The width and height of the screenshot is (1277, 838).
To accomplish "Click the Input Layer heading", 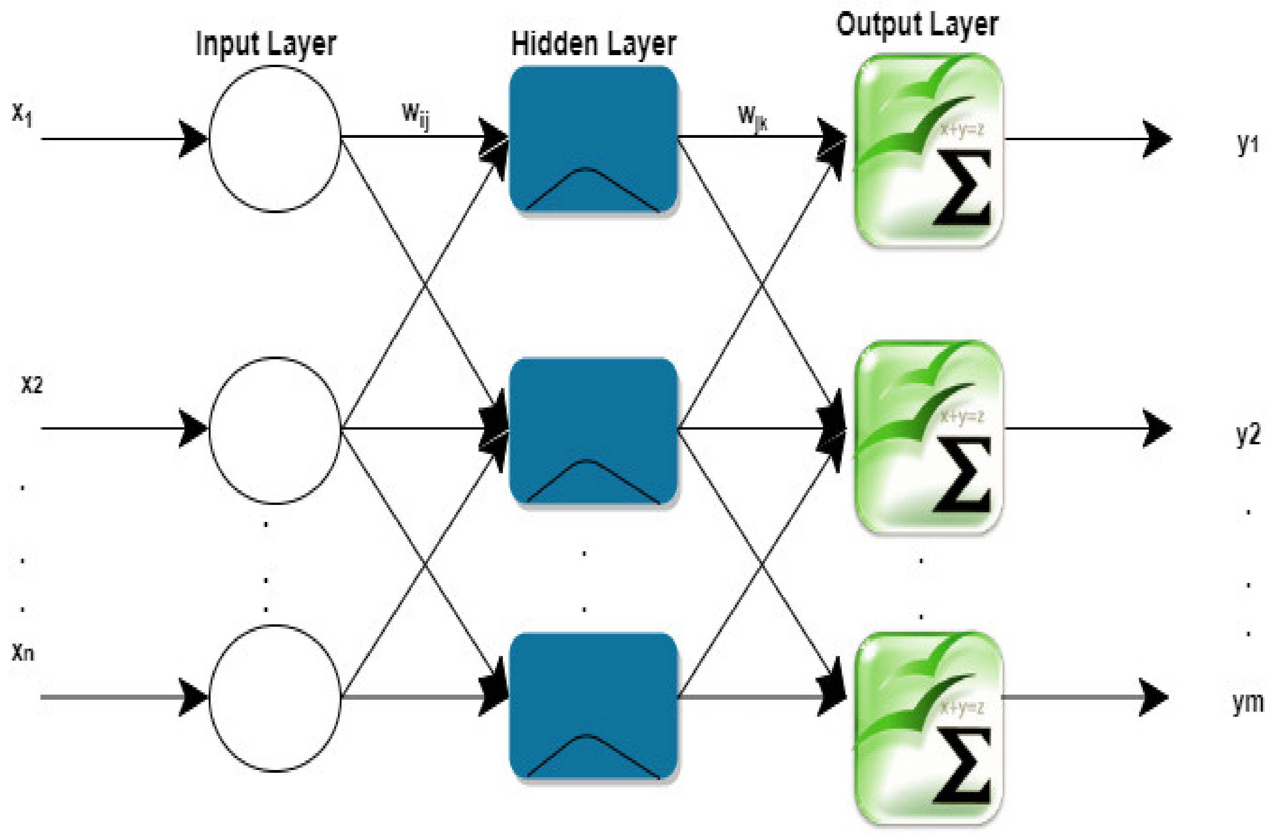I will [266, 45].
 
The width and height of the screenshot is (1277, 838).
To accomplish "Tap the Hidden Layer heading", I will [593, 45].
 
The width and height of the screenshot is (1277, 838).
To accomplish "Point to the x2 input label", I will [32, 385].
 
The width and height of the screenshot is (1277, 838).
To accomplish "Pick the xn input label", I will [23, 652].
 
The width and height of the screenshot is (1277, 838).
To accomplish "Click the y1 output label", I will [1248, 143].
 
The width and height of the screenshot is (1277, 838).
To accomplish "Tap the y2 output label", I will [1248, 435].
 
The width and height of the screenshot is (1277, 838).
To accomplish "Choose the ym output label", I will [1248, 702].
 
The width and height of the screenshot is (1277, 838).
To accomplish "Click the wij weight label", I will [416, 115].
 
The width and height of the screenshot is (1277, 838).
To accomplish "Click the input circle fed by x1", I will [275, 139].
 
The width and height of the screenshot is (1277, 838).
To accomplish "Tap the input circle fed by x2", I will [275, 430].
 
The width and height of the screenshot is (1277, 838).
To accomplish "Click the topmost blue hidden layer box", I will [593, 139].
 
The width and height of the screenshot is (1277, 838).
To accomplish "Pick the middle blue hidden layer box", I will [593, 430].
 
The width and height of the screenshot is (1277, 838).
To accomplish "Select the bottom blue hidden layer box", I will [593, 705].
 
